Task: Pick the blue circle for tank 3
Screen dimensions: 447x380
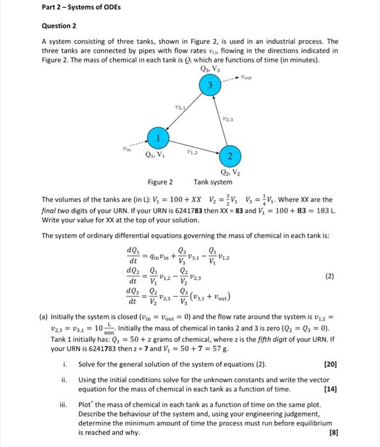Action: [209, 84]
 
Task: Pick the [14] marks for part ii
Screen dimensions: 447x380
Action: [330, 389]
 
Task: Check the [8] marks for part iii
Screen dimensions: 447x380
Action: [332, 432]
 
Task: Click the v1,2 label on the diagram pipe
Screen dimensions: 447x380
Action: [190, 151]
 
